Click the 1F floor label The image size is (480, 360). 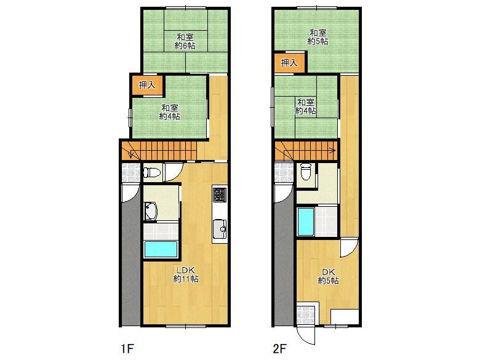[x=127, y=348]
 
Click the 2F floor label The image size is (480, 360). [x=279, y=348]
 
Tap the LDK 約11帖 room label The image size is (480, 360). [x=186, y=274]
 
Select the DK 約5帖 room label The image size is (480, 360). [x=328, y=276]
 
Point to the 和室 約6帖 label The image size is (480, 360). [x=185, y=42]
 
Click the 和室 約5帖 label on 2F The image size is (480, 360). [x=318, y=37]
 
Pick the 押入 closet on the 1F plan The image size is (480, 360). [x=147, y=85]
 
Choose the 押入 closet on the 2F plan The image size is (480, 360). [x=289, y=63]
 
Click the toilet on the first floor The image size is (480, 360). [x=152, y=172]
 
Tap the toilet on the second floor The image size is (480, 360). [x=306, y=172]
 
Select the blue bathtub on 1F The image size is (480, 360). [x=161, y=249]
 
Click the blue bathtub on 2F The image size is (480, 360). [x=306, y=222]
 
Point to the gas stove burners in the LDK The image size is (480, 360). [x=220, y=194]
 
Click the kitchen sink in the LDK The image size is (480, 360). [x=220, y=229]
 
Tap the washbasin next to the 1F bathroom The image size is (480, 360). [x=151, y=211]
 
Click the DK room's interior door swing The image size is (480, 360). [x=349, y=247]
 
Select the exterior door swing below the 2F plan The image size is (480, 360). [x=306, y=335]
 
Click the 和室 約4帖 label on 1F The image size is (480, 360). [x=170, y=112]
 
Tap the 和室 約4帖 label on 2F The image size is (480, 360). [x=305, y=106]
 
